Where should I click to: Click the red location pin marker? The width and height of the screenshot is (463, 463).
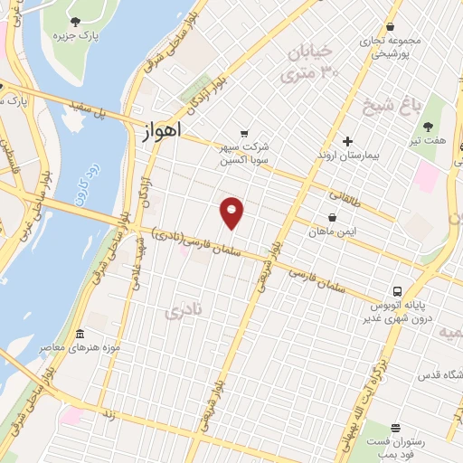[232, 213]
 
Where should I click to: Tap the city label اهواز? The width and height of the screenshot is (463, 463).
[162, 130]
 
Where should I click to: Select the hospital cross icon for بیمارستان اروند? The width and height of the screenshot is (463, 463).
[347, 141]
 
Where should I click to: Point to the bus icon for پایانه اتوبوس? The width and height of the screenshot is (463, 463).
[397, 290]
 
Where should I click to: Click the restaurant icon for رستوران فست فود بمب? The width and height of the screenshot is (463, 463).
[395, 428]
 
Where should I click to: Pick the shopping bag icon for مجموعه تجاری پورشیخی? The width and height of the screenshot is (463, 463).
[390, 26]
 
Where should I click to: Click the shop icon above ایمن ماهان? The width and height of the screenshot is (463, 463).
[333, 217]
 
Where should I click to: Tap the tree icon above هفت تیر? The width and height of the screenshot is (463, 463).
[429, 127]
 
